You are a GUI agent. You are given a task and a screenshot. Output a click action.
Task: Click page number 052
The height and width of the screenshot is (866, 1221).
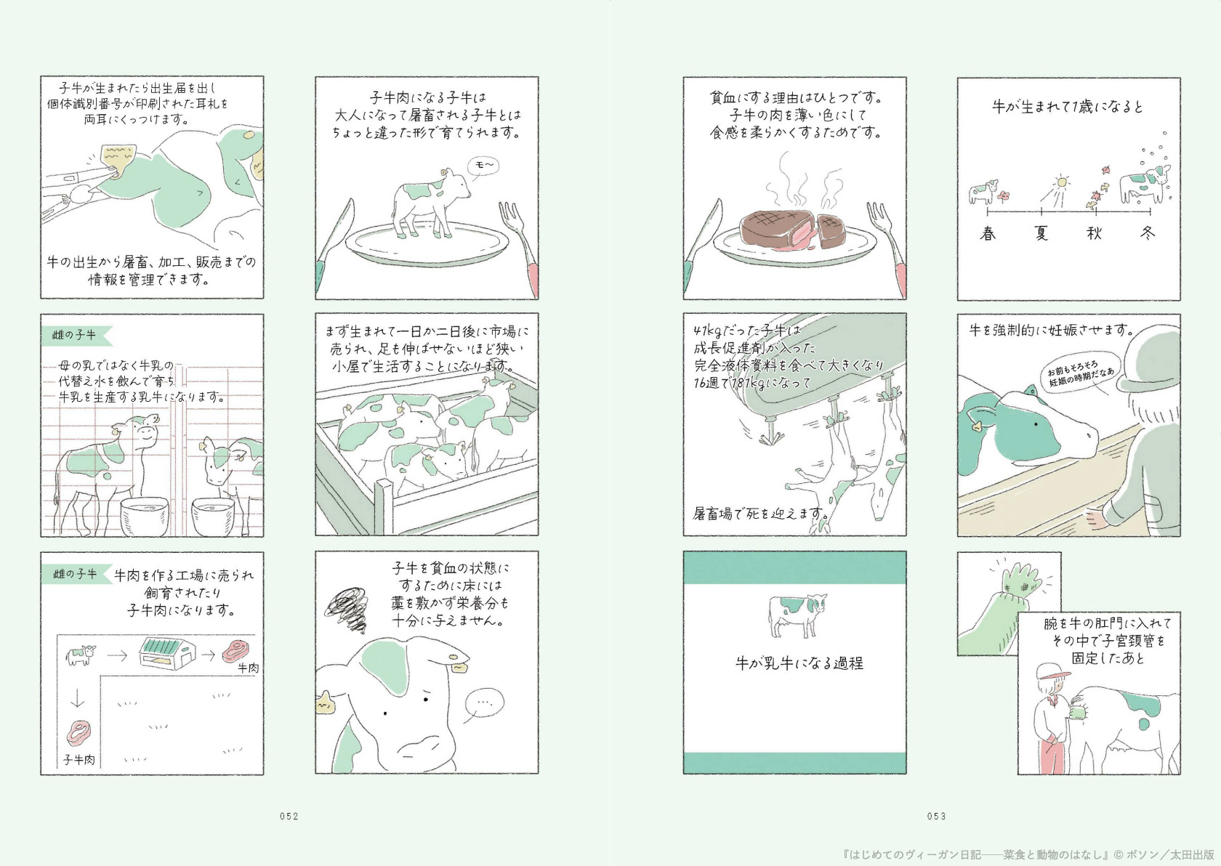289,816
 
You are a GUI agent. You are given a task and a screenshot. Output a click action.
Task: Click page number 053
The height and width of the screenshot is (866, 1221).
936,816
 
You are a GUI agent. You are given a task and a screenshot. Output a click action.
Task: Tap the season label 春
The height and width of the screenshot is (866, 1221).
988,233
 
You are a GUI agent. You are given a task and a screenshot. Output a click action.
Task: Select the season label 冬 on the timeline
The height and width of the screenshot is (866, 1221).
1148,233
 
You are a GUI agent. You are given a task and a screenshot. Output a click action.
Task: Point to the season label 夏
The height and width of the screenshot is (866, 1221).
1041,233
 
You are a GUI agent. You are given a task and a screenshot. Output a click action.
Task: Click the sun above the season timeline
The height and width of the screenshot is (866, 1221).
1061,182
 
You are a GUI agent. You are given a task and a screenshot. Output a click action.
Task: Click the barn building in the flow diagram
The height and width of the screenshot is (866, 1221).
167,653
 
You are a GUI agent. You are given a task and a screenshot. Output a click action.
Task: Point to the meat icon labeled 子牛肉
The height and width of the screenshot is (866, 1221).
80,733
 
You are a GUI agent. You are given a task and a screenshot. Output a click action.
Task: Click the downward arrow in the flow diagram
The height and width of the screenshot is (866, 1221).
78,699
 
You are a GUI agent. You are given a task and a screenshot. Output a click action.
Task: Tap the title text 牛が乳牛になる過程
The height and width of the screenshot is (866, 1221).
799,663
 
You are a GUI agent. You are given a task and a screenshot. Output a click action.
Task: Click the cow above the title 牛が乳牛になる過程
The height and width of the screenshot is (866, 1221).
797,615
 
